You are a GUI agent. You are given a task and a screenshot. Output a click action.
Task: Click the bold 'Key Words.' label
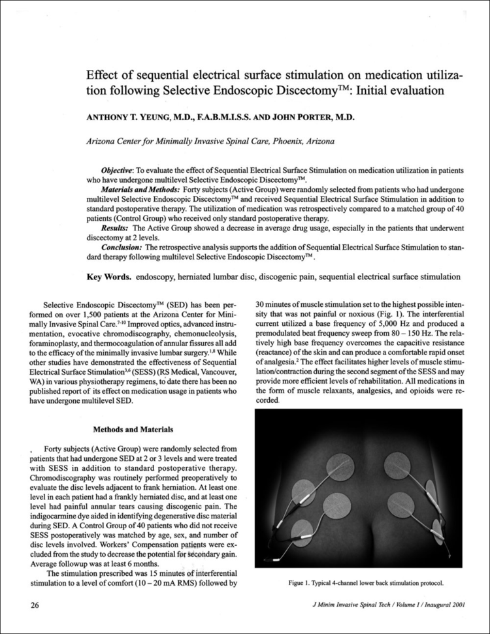(x=109, y=277)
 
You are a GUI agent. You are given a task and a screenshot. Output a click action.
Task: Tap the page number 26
(x=36, y=605)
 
